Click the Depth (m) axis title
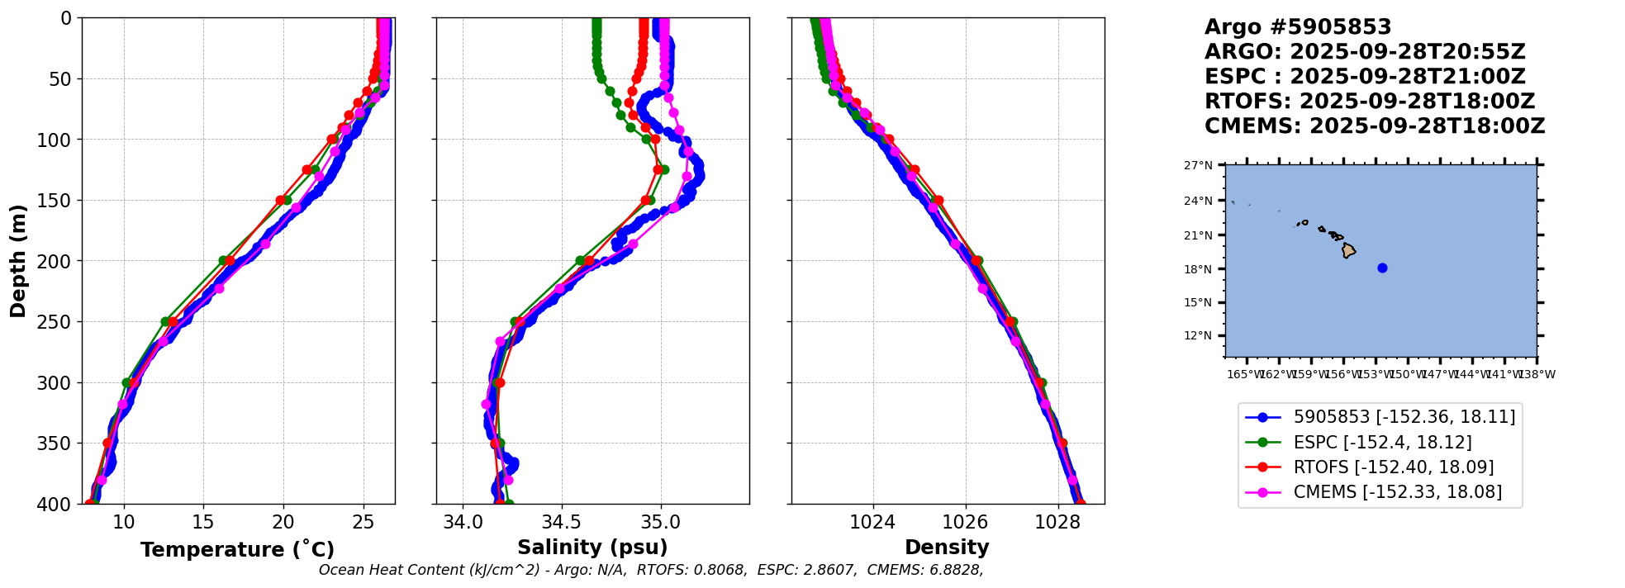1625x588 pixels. pyautogui.click(x=18, y=261)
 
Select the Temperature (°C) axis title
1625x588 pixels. pyautogui.click(x=237, y=550)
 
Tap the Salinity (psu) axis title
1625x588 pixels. pyautogui.click(x=592, y=548)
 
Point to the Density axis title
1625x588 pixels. pyautogui.click(x=947, y=548)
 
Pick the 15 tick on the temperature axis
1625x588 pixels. pyautogui.click(x=203, y=522)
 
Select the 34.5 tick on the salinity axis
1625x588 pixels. pyautogui.click(x=562, y=522)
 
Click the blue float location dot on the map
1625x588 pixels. pyautogui.click(x=1382, y=268)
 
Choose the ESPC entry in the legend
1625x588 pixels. pyautogui.click(x=1382, y=443)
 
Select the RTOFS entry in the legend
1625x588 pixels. pyautogui.click(x=1393, y=467)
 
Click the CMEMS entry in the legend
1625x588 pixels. pyautogui.click(x=1397, y=492)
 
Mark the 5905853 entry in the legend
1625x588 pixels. pyautogui.click(x=1404, y=417)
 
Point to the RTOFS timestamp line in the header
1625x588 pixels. pyautogui.click(x=1369, y=102)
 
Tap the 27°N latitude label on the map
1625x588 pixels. pyautogui.click(x=1198, y=166)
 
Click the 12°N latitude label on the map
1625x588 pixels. pyautogui.click(x=1198, y=336)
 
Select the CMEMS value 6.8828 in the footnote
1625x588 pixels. pyautogui.click(x=957, y=571)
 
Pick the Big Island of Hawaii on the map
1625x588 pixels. pyautogui.click(x=1348, y=250)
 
